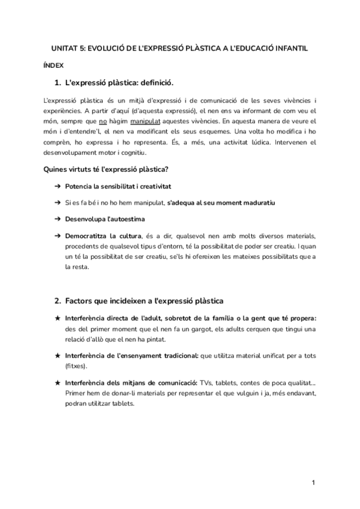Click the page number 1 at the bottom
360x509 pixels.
[x=313, y=482]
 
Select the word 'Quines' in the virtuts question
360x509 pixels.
[x=57, y=169]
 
